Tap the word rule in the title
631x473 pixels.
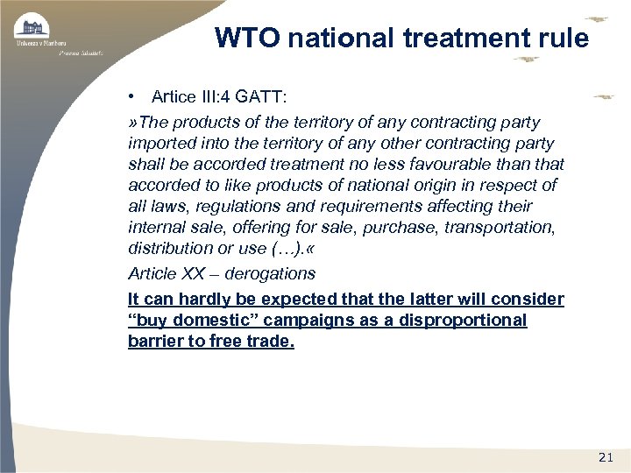pos(564,38)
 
